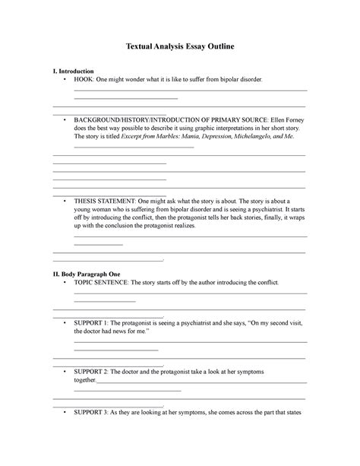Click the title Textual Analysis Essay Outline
coord(179,47)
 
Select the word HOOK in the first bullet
coord(83,79)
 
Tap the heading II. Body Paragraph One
coord(85,273)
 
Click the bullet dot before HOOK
coord(66,79)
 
